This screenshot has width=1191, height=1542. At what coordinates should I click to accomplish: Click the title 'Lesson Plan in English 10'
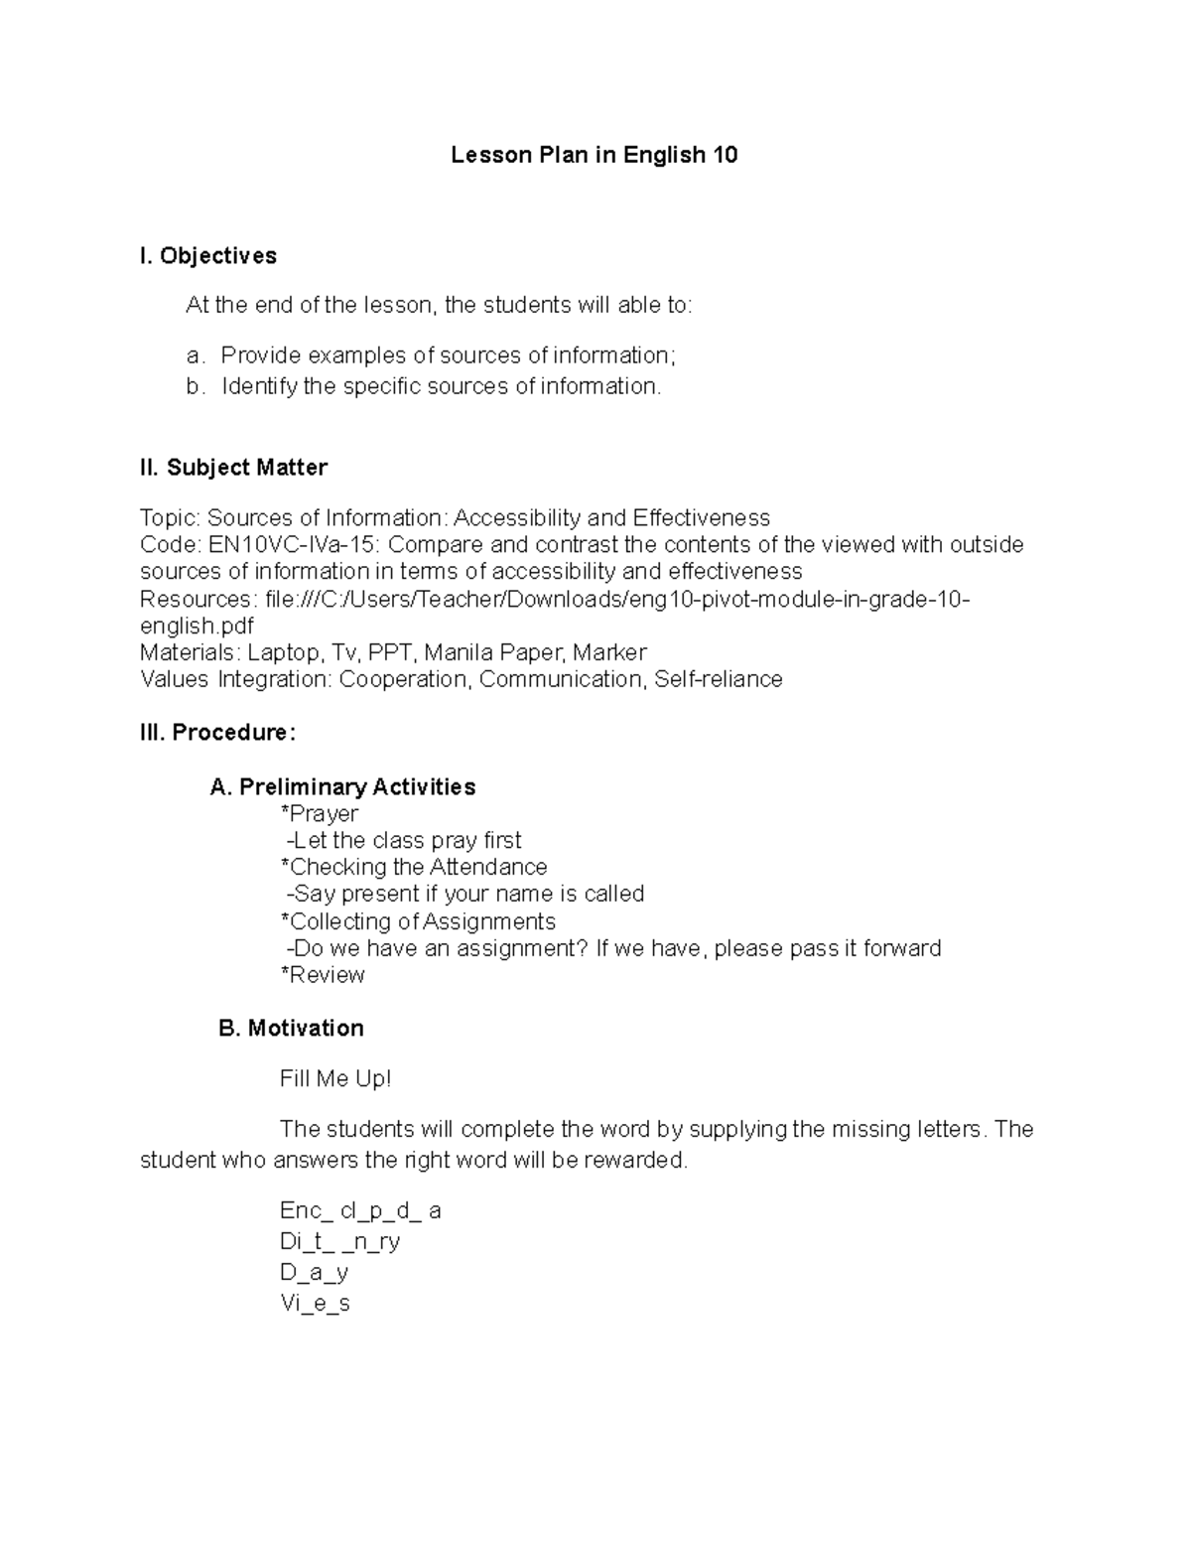(594, 155)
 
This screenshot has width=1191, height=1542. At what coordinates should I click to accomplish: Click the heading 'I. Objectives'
(208, 256)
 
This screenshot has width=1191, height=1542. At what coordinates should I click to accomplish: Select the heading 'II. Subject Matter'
(233, 467)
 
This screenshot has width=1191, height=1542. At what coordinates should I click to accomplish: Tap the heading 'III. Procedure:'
(218, 733)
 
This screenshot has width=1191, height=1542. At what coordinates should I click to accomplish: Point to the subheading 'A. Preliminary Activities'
(342, 787)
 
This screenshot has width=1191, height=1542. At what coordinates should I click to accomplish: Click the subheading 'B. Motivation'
(291, 1029)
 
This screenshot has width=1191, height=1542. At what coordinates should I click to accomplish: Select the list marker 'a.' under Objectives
(194, 355)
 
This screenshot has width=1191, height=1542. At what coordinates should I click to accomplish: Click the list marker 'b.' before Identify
(194, 386)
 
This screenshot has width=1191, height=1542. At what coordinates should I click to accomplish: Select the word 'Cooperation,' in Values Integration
(405, 679)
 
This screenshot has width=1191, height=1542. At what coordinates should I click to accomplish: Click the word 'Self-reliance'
(719, 679)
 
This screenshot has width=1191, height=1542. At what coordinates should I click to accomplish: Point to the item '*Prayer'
(320, 814)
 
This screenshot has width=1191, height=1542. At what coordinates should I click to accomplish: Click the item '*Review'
(324, 975)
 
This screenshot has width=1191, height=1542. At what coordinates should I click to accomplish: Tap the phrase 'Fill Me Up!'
(335, 1078)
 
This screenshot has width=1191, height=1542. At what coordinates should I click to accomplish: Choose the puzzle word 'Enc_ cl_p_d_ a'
(360, 1211)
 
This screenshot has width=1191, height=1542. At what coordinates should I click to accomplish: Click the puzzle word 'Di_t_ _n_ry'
(340, 1242)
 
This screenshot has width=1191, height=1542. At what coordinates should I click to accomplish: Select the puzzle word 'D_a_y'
(315, 1273)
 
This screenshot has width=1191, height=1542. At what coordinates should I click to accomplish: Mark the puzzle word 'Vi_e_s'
(316, 1304)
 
